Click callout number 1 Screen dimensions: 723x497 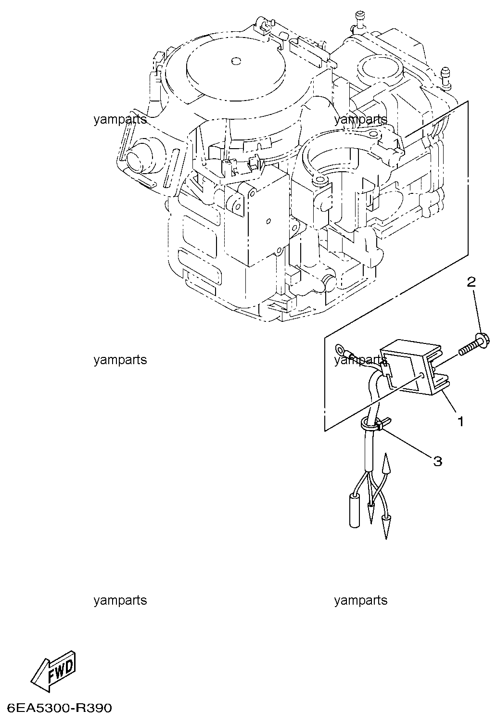(460, 421)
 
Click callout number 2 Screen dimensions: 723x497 (472, 282)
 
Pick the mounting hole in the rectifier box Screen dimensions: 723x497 (422, 374)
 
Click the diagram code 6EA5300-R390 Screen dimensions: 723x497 (56, 708)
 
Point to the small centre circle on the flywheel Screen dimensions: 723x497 (235, 61)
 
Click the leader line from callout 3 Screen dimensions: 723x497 (409, 443)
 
